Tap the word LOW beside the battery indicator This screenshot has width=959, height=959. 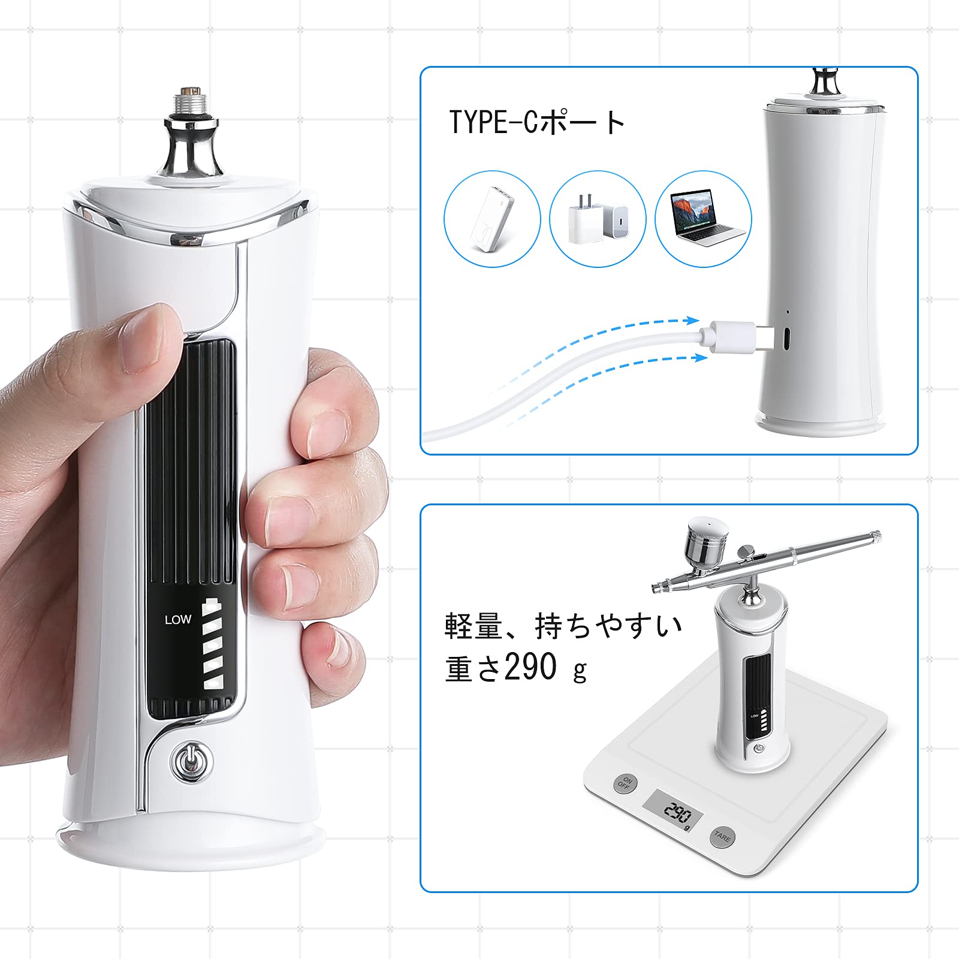[178, 620]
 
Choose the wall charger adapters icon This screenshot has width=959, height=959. [598, 218]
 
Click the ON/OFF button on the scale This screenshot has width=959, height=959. [625, 783]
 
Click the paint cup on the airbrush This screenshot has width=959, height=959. [708, 542]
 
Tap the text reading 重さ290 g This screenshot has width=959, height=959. [516, 668]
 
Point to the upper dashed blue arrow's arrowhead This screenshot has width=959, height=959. [694, 321]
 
